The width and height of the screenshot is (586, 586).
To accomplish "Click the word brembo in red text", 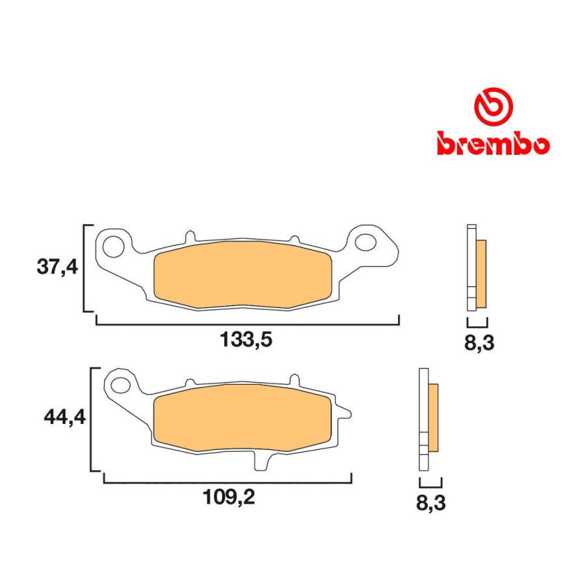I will point(493,143).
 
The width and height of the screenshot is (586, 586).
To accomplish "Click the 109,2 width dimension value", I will point(227,499).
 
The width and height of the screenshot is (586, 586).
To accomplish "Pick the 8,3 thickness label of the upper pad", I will point(479,343).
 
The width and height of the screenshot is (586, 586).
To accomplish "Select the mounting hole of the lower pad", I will point(122,384).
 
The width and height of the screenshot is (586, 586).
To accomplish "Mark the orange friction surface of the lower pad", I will point(244,419).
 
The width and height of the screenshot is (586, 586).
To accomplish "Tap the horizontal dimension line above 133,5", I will point(247,323).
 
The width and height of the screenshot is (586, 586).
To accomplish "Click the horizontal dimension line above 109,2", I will point(228,482).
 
